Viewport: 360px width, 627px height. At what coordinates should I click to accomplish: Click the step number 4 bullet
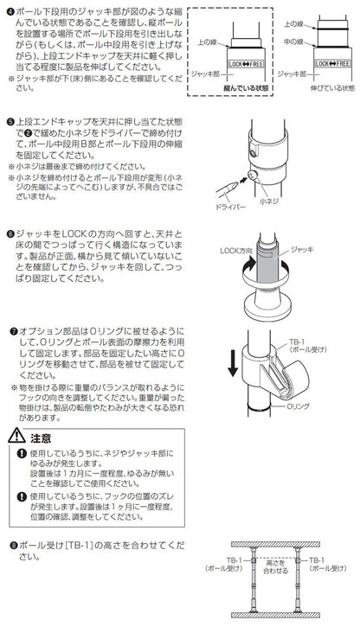(x=10, y=12)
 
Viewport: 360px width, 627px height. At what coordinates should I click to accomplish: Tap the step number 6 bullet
(x=10, y=234)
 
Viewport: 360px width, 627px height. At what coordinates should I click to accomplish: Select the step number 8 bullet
(x=14, y=545)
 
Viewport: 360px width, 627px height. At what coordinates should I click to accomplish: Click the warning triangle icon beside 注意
(x=17, y=435)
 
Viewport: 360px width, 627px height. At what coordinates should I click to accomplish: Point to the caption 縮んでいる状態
(x=246, y=88)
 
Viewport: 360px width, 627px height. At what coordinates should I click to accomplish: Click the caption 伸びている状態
(x=332, y=88)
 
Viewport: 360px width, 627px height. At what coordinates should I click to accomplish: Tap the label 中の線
(x=294, y=42)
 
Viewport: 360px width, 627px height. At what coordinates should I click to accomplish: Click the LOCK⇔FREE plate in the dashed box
(x=246, y=64)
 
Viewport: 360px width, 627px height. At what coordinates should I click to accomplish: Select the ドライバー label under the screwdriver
(x=230, y=207)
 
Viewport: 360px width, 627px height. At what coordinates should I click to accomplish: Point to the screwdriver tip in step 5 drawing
(x=236, y=182)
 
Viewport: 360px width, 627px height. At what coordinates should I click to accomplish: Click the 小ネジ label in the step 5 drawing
(x=269, y=202)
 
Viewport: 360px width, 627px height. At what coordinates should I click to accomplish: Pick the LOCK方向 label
(x=236, y=251)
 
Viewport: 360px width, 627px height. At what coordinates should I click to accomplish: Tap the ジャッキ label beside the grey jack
(x=302, y=249)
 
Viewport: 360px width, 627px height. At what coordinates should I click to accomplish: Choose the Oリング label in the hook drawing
(x=298, y=406)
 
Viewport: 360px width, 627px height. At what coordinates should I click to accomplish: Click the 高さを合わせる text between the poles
(x=275, y=566)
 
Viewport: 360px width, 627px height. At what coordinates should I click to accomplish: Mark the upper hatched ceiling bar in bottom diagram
(x=275, y=544)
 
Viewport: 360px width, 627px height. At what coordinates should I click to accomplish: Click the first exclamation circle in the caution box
(x=22, y=453)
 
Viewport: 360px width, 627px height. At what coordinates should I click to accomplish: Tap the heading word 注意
(x=41, y=438)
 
